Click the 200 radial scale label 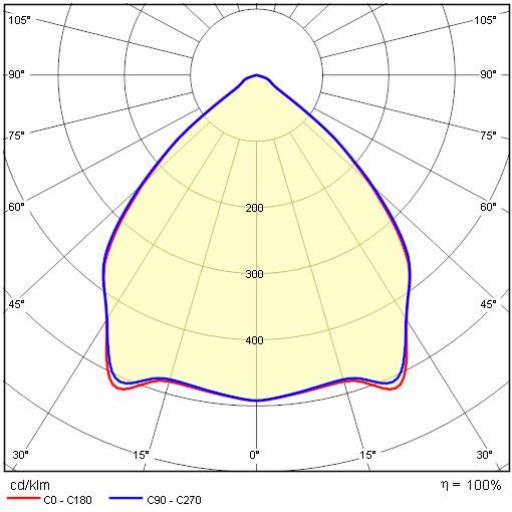click(254, 208)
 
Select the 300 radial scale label click(254, 274)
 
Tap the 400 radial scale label click(254, 340)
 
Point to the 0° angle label click(254, 455)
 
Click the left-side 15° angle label click(141, 455)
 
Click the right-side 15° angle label click(368, 455)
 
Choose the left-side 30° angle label click(20, 455)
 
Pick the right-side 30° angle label click(484, 455)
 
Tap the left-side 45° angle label click(16, 304)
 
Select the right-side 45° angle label click(488, 304)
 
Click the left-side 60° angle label click(16, 207)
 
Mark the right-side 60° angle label click(488, 207)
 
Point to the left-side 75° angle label click(16, 136)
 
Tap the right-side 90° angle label click(488, 74)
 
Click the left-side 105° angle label click(19, 20)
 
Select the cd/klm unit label click(30, 485)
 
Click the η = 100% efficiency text click(471, 485)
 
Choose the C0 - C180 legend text click(68, 500)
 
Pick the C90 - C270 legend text click(174, 500)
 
